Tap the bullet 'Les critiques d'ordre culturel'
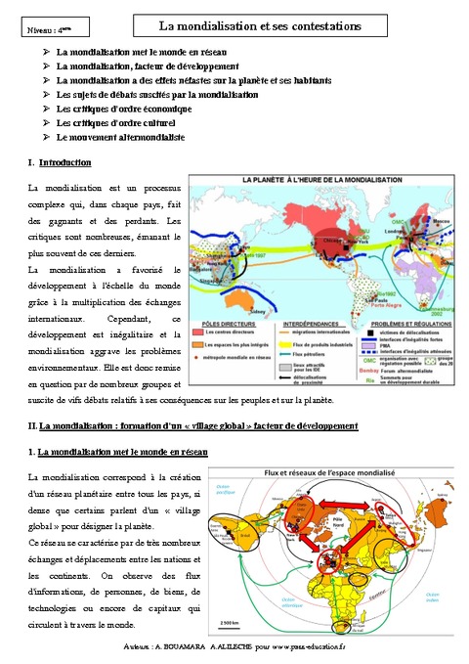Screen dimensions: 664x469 116,123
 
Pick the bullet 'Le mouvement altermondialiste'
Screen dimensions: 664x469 120,138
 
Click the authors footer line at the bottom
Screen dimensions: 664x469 234,647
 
